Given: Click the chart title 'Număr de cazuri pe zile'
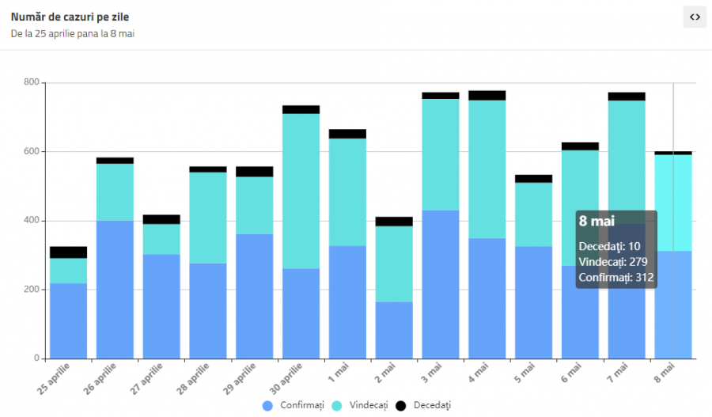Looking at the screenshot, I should click(70, 17).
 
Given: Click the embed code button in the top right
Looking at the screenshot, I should click(695, 17).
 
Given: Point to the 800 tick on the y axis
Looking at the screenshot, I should click(32, 82).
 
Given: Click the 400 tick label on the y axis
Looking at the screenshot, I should click(32, 221).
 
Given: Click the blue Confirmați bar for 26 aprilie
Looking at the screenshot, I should click(115, 290).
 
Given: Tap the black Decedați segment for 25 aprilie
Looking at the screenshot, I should click(68, 252).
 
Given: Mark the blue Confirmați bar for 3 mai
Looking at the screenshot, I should click(440, 284).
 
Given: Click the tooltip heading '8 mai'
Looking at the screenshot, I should click(596, 222).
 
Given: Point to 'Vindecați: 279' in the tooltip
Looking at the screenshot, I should click(613, 262).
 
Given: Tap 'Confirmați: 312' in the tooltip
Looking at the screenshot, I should click(616, 278).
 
